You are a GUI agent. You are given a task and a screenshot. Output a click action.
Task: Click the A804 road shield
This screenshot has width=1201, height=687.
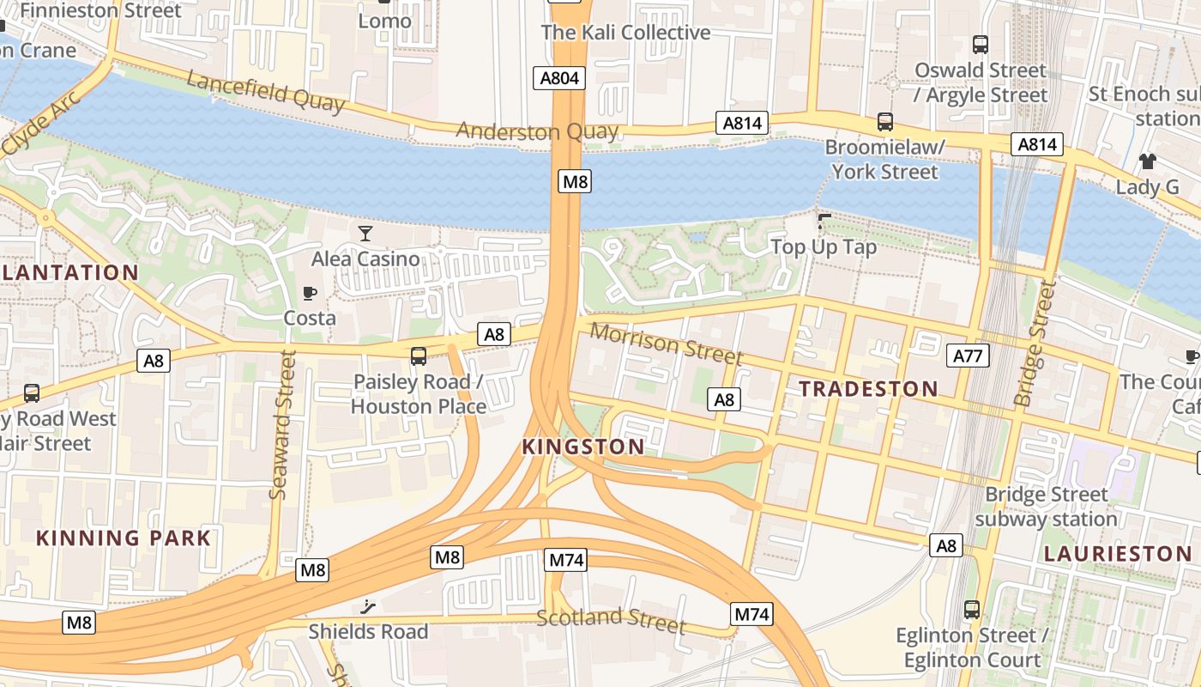(558, 78)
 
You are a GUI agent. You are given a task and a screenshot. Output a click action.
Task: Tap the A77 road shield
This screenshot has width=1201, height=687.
(969, 356)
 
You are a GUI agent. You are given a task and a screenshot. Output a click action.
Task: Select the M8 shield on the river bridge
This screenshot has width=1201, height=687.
(575, 181)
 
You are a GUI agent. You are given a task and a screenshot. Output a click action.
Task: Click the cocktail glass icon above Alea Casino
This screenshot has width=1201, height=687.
(365, 234)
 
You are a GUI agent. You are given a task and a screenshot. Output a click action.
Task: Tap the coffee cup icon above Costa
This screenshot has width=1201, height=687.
(310, 293)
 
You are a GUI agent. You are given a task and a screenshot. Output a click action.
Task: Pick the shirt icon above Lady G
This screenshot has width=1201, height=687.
(1147, 161)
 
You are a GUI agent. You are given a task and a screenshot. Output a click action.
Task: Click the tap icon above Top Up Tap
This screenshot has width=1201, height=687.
(824, 222)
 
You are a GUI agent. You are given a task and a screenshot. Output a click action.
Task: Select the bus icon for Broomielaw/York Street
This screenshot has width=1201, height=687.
(884, 122)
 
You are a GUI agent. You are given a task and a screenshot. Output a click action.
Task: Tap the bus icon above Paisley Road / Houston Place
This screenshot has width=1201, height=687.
(419, 356)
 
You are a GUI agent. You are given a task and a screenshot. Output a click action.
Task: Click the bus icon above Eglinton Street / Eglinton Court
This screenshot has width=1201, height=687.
(971, 610)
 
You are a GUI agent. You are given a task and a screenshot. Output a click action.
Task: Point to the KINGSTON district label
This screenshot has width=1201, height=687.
(583, 447)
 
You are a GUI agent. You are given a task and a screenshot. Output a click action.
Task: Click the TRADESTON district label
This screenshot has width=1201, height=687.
(868, 389)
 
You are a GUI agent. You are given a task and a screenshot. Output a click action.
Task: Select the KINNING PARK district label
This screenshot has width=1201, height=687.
(124, 538)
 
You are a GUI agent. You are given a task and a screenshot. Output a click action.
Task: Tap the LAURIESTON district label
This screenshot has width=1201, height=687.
(1117, 554)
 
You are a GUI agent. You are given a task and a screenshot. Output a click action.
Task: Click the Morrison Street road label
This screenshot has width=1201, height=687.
(667, 343)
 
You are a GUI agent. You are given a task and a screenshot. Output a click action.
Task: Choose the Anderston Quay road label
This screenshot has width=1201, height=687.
(537, 131)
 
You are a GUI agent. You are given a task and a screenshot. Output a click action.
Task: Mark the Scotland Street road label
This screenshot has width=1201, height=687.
(611, 621)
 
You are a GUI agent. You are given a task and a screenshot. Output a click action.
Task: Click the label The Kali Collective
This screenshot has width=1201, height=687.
(625, 33)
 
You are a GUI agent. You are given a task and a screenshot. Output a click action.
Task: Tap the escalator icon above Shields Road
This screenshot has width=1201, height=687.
(368, 607)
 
